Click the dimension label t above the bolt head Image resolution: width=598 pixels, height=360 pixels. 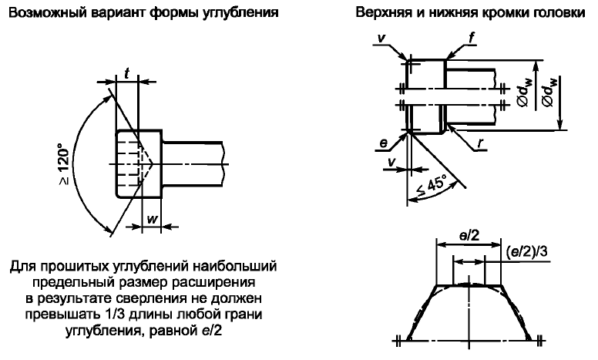coord(126,72)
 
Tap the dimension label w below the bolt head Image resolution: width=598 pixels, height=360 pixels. coord(152,220)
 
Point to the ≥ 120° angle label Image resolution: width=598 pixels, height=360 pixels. coord(65,164)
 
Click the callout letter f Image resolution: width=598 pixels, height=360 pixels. coord(472,37)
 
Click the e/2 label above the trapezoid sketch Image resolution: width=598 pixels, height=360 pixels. coord(469,236)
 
